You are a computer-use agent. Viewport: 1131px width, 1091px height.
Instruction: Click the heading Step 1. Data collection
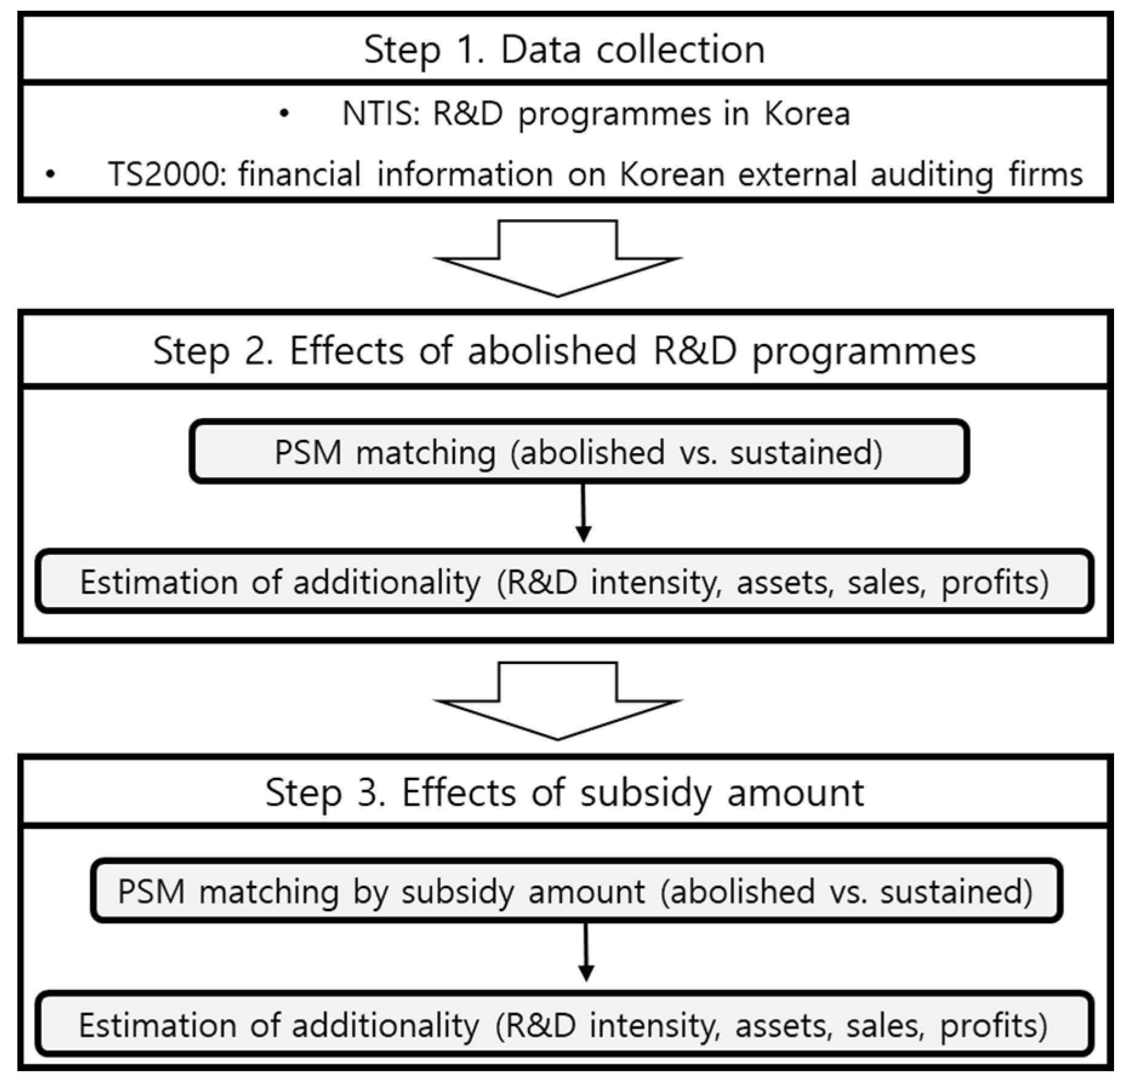pyautogui.click(x=564, y=50)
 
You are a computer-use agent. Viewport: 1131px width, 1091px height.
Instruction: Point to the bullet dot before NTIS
pyautogui.click(x=284, y=114)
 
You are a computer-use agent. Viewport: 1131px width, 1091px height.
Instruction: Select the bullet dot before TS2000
pyautogui.click(x=50, y=175)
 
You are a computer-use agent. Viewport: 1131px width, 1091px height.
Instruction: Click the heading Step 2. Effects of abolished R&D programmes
pyautogui.click(x=564, y=351)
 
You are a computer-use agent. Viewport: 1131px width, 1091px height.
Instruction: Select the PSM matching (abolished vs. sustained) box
pyautogui.click(x=579, y=452)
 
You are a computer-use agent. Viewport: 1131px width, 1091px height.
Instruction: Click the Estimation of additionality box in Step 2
pyautogui.click(x=564, y=582)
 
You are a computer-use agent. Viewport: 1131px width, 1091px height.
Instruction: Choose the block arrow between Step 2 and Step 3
pyautogui.click(x=558, y=701)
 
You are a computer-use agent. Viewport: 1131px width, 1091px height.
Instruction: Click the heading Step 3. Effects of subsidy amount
pyautogui.click(x=564, y=792)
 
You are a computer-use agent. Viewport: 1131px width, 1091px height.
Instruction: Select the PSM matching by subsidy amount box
pyautogui.click(x=576, y=891)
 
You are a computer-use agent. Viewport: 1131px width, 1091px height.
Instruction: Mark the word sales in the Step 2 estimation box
pyautogui.click(x=886, y=582)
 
